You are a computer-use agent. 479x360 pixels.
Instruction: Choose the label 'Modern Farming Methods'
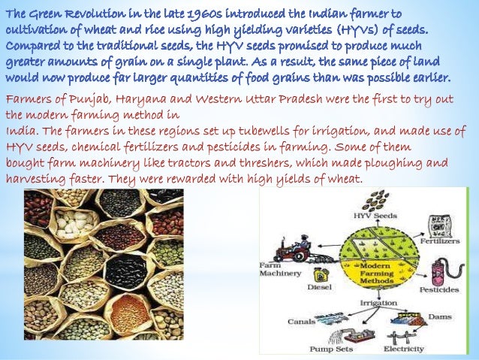[375, 275]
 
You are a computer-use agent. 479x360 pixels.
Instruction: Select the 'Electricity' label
[403, 349]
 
